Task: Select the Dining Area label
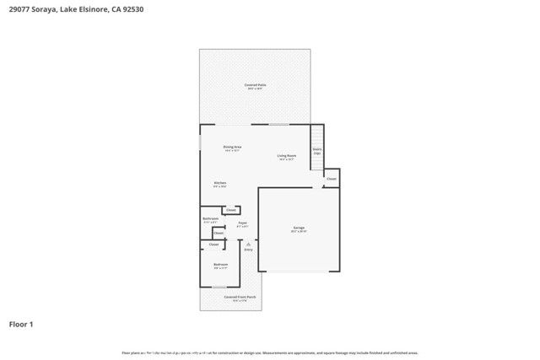pos(233,148)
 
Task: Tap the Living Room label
pos(287,156)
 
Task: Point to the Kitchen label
pos(219,184)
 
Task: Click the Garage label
pos(299,228)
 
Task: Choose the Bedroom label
pos(220,266)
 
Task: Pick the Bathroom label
pos(211,220)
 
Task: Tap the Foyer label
pos(242,224)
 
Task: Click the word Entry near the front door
pos(248,250)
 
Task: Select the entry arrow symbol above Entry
pos(248,243)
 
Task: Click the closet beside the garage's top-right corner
pos(332,179)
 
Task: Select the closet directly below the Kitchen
pos(230,210)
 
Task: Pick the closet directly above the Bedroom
pos(213,244)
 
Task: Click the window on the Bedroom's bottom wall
pos(219,287)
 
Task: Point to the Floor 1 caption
pos(21,324)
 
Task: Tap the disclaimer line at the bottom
pos(269,352)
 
